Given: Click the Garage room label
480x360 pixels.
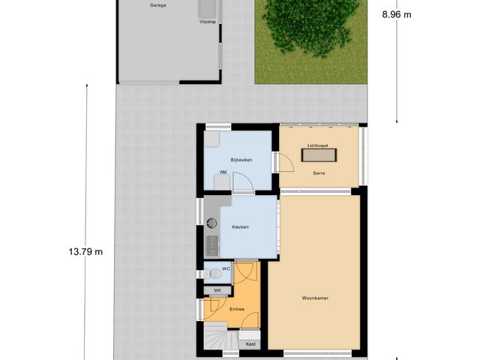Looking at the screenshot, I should (157, 5).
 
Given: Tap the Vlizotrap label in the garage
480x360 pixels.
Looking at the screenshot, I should (207, 22).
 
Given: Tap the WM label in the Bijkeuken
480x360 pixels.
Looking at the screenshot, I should (223, 172).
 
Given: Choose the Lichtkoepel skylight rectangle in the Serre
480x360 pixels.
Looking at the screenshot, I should (318, 155).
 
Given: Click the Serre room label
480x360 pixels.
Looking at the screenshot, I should (319, 173).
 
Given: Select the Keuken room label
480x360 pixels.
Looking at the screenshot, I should (240, 226).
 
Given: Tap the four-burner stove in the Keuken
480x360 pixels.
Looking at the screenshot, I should (212, 244).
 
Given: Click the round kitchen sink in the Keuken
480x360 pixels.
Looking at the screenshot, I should (212, 222).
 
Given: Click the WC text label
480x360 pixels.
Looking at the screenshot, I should (226, 268).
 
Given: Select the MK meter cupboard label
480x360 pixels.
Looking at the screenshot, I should (217, 290).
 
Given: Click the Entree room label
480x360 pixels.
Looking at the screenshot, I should (237, 308).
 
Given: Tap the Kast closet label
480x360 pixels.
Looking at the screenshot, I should (250, 343).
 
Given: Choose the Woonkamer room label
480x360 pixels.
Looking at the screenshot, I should (316, 297).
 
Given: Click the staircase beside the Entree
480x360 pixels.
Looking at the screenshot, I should (216, 338).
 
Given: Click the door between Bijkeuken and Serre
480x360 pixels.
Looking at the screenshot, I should (275, 163).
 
